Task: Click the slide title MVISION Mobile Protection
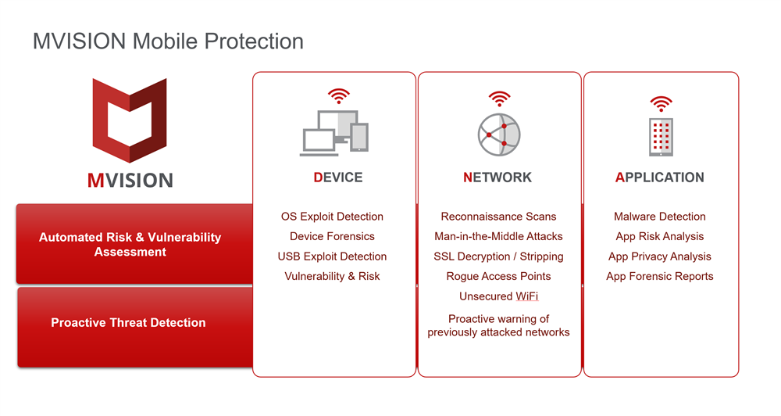tap(168, 41)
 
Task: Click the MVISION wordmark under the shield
tap(130, 180)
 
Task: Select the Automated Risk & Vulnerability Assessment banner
tap(134, 244)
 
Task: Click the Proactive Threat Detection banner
tap(135, 327)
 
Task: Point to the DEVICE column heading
tap(338, 177)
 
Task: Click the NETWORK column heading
tap(497, 177)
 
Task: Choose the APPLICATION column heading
tap(660, 177)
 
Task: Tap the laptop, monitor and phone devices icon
tap(334, 133)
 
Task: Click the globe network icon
tap(499, 134)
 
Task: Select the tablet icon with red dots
tap(661, 137)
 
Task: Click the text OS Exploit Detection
tap(332, 217)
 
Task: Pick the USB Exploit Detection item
tap(332, 256)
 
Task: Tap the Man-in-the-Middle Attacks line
tap(498, 236)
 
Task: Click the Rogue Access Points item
tap(498, 276)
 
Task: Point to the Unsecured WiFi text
tap(498, 296)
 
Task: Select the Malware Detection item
tap(660, 217)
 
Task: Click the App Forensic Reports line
tap(660, 276)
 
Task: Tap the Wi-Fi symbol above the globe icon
tap(499, 99)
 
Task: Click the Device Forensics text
tap(332, 236)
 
